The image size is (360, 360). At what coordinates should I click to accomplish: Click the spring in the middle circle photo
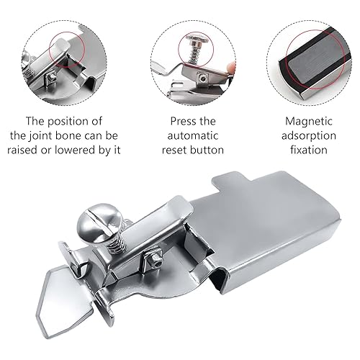(x=193, y=51)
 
